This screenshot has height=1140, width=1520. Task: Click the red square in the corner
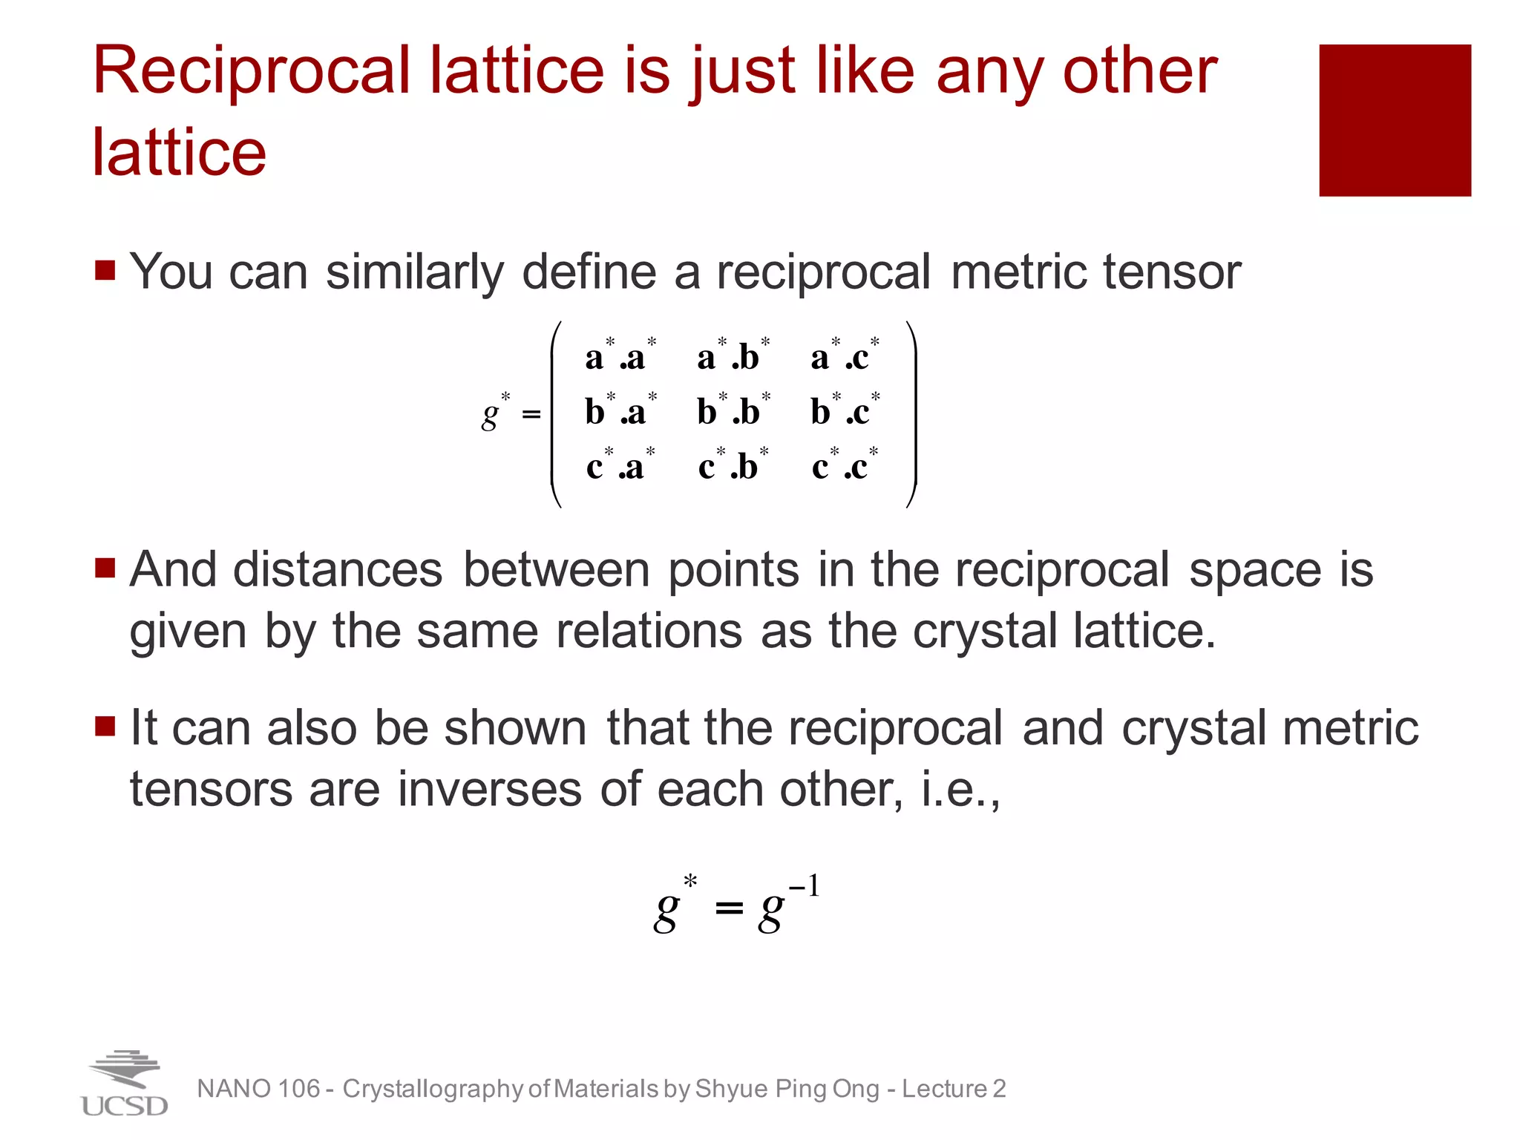point(1395,120)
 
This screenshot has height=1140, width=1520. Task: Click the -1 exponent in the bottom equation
point(805,886)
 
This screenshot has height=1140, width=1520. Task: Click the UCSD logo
point(124,1084)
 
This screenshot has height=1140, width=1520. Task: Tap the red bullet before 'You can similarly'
point(105,269)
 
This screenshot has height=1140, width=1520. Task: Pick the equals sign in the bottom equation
point(729,907)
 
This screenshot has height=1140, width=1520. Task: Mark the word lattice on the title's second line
point(179,153)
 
